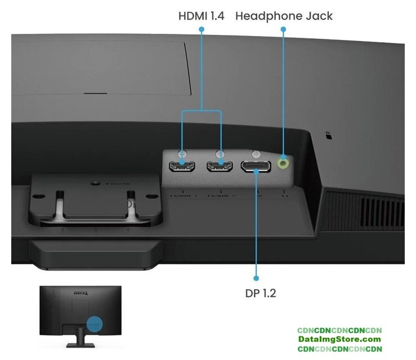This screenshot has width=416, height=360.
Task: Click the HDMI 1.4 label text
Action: pyautogui.click(x=201, y=16)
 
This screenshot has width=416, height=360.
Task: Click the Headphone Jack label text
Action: pyautogui.click(x=284, y=16)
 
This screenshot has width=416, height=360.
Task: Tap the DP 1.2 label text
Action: pyautogui.click(x=261, y=293)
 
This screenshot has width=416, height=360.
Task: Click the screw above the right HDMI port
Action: pyautogui.click(x=220, y=153)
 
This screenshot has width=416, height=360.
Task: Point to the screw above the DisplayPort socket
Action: pyautogui.click(x=256, y=152)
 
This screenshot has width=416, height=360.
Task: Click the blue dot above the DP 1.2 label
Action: pyautogui.click(x=256, y=278)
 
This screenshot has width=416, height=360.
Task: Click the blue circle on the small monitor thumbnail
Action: pyautogui.click(x=95, y=325)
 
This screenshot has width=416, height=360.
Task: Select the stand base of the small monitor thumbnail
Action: pyautogui.click(x=80, y=344)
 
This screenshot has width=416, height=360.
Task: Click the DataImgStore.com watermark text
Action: pyautogui.click(x=339, y=339)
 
